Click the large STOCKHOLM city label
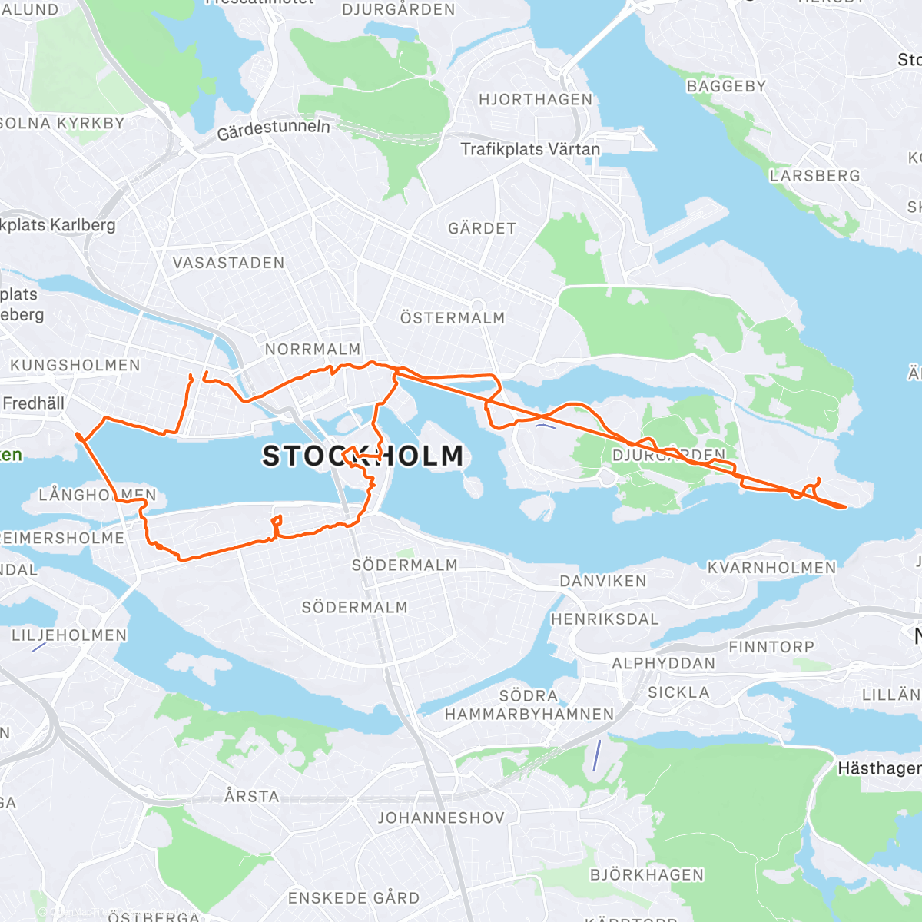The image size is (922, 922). (363, 456)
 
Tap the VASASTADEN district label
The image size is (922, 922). (228, 263)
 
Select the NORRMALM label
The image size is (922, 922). (313, 350)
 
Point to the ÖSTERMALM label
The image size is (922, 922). (453, 318)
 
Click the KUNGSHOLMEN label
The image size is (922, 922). (75, 366)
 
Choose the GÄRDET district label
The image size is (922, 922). (482, 229)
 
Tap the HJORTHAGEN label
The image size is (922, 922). (536, 100)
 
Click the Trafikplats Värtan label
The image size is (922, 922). (530, 149)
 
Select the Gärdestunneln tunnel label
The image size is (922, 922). (274, 130)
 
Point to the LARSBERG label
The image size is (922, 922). (814, 176)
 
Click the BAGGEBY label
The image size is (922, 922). (726, 86)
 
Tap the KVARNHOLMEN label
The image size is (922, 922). (771, 568)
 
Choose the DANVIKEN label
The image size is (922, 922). (603, 581)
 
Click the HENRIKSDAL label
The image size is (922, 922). (605, 619)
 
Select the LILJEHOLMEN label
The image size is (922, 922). (69, 635)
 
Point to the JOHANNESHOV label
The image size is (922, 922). (441, 818)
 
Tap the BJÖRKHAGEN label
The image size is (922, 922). (646, 875)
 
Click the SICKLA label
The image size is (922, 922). (678, 692)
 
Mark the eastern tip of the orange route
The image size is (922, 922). (845, 506)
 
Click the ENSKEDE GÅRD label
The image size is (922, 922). (353, 898)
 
